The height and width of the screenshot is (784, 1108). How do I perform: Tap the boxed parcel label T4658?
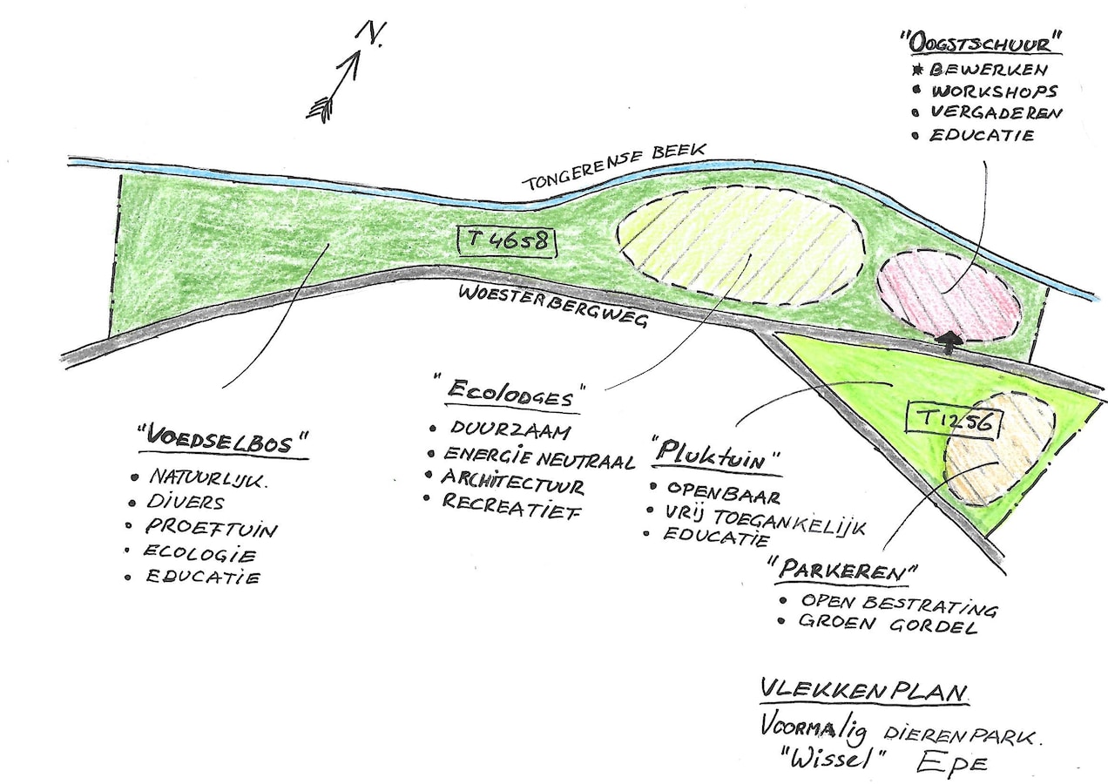click(506, 240)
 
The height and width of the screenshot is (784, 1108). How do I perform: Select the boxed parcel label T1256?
click(953, 421)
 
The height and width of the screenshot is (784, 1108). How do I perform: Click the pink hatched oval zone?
click(948, 297)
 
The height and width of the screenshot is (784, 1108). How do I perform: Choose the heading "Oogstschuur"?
click(980, 42)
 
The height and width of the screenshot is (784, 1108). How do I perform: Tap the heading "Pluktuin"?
click(716, 455)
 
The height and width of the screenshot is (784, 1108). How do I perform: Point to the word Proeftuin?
click(211, 528)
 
